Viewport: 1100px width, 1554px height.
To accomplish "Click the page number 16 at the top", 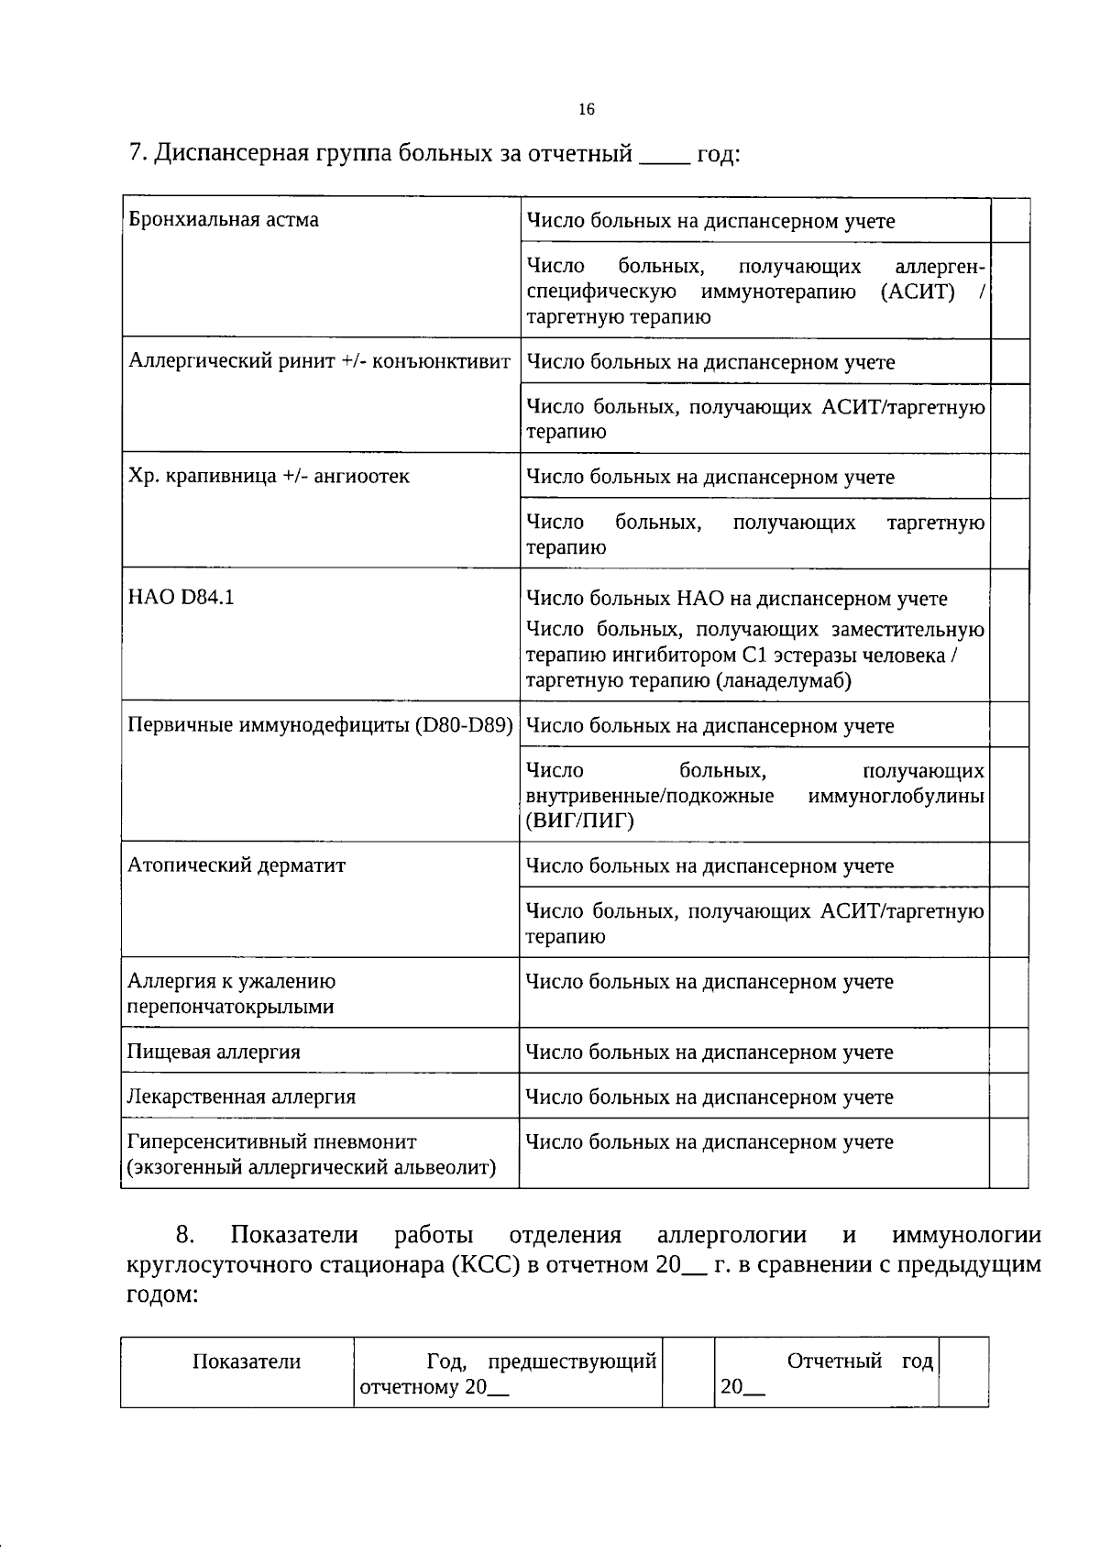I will click(587, 110).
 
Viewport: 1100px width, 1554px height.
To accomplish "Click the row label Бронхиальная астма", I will click(224, 220).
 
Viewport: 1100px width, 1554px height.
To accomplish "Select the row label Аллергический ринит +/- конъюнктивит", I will click(319, 361).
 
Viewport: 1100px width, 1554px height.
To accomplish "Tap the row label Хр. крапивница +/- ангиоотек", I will click(269, 476).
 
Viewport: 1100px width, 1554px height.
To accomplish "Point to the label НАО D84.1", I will click(181, 597).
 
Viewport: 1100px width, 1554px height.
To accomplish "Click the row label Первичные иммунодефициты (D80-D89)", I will click(320, 725).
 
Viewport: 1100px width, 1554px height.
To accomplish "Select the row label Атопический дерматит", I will click(236, 865).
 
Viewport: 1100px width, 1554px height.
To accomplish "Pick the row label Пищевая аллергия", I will click(214, 1052).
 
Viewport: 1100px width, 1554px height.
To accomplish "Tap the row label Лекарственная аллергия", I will click(241, 1097).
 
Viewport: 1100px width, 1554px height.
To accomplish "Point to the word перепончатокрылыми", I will click(230, 1007).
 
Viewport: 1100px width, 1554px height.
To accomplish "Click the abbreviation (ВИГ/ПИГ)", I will click(579, 821).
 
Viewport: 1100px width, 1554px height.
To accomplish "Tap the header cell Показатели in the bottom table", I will click(247, 1361).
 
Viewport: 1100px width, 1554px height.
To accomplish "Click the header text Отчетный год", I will click(860, 1361).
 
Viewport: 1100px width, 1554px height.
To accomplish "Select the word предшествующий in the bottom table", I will click(572, 1361).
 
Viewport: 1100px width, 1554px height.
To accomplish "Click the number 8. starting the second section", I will click(186, 1235).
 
